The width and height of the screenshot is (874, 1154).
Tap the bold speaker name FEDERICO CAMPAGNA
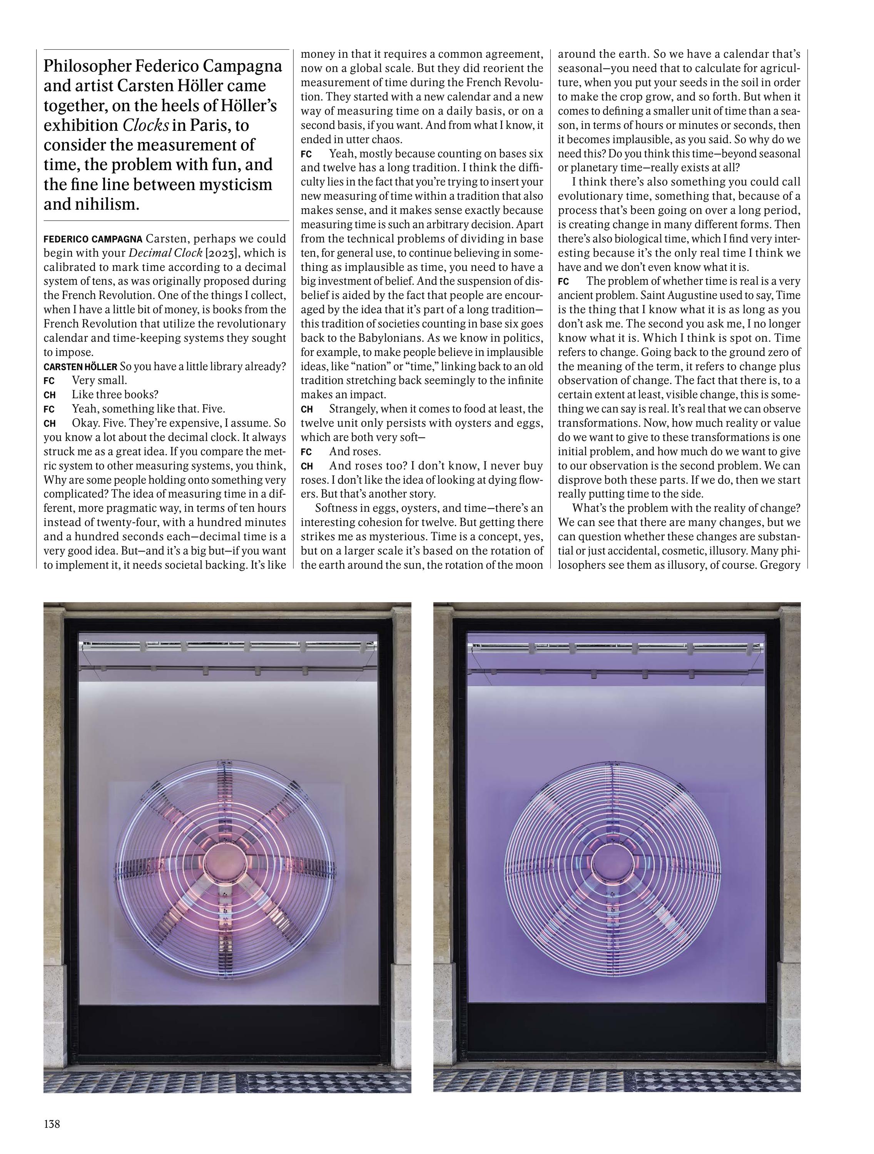pos(92,239)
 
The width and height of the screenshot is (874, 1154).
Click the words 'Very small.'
pos(99,380)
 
